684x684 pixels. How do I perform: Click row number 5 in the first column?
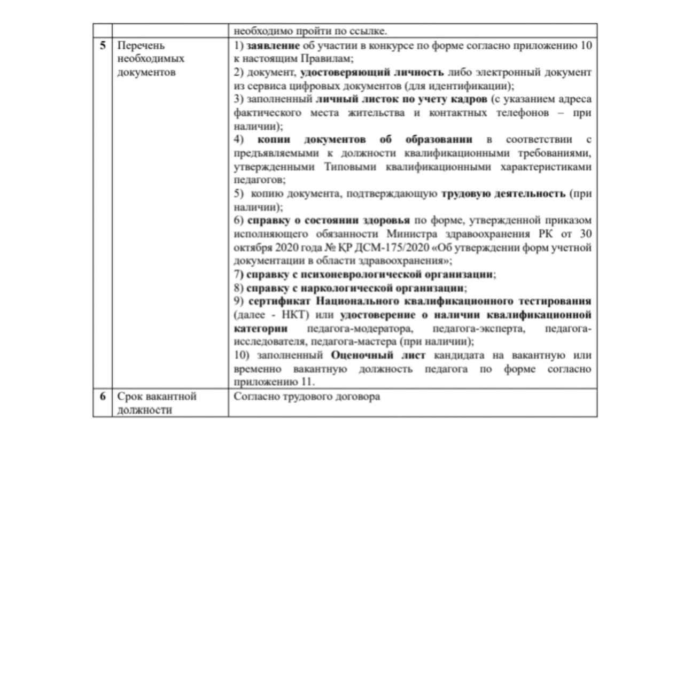point(103,45)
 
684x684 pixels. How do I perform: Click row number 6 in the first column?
point(103,396)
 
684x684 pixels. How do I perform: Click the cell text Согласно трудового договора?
point(307,397)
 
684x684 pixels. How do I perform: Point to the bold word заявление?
point(273,45)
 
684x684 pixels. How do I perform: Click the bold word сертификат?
point(279,301)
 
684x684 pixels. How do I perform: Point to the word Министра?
point(411,234)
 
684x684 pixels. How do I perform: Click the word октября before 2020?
point(253,247)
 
